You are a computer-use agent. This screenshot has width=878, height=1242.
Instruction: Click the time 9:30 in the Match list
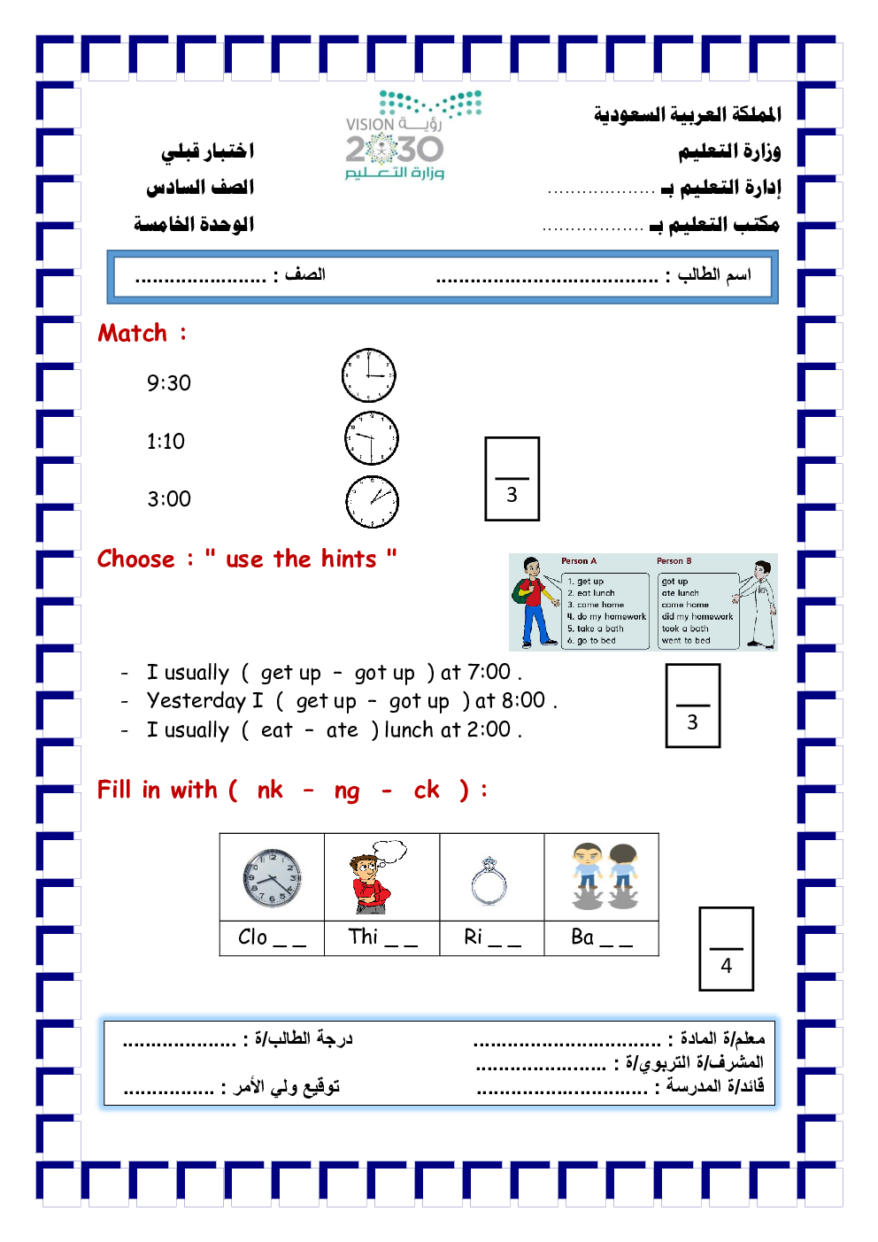(x=169, y=382)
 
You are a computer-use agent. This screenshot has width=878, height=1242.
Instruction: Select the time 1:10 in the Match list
(x=166, y=441)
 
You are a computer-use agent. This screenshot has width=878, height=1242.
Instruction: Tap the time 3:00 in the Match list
(x=169, y=499)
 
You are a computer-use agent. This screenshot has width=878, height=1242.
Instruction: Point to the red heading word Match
(x=133, y=334)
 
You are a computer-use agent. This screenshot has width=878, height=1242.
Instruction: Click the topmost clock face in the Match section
(x=368, y=375)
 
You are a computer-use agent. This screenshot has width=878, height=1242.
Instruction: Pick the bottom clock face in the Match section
(x=372, y=502)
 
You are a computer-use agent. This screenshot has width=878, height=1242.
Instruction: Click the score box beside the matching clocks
(x=512, y=479)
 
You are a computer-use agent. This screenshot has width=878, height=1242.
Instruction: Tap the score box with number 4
(x=726, y=948)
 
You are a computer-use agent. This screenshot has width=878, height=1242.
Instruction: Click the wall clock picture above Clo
(x=272, y=878)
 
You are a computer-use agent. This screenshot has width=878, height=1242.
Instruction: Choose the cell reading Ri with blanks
(x=492, y=937)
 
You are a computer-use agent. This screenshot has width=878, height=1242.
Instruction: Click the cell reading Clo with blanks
(x=272, y=937)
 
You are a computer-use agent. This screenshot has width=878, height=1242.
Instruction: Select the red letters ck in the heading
(x=427, y=790)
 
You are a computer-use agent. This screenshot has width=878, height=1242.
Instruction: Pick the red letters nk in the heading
(x=270, y=790)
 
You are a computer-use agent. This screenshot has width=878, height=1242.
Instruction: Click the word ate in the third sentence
(x=342, y=730)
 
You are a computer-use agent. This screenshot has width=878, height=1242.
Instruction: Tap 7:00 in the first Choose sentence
(x=489, y=672)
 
